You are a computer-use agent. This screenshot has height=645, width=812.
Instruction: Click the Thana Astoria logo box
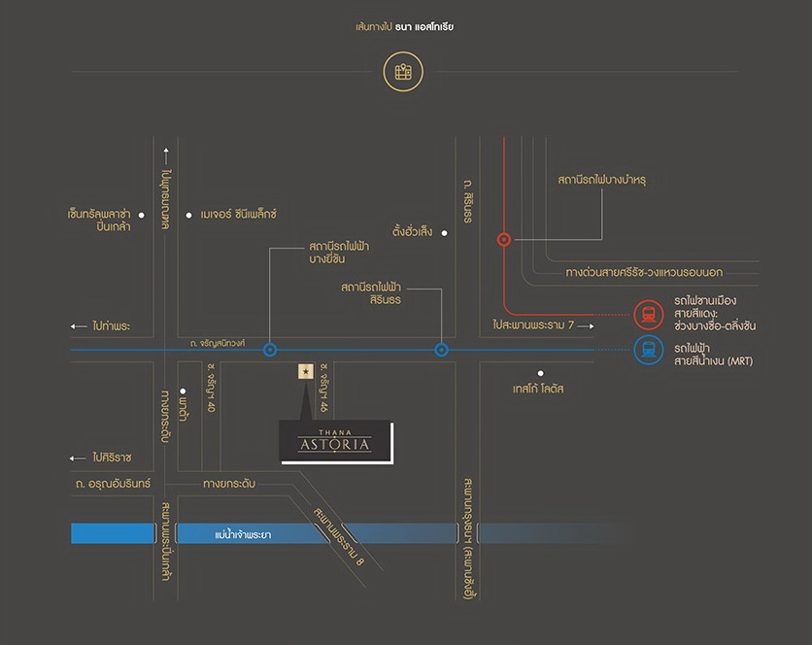336,442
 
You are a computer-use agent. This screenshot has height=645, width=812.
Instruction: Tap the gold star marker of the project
306,371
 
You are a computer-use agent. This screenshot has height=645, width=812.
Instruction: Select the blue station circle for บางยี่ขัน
270,350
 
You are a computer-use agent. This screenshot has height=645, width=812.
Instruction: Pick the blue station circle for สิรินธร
441,350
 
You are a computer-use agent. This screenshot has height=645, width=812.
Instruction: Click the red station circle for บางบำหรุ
503,239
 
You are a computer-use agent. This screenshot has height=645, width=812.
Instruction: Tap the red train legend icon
648,314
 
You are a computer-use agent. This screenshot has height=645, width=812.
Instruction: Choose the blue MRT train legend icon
648,350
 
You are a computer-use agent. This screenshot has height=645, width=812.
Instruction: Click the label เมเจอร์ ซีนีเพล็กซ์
239,214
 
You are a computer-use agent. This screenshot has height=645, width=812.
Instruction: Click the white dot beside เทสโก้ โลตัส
541,372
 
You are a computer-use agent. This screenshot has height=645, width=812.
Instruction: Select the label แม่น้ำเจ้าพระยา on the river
243,534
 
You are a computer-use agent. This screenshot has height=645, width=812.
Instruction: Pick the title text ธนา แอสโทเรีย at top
424,27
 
